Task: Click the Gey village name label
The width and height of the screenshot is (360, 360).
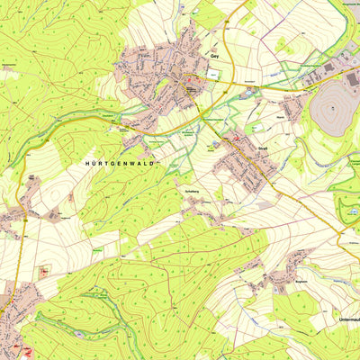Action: [x=214, y=55]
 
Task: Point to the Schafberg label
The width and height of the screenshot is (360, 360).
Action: [x=192, y=192]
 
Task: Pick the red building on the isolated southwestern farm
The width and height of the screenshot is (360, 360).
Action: [x=43, y=271]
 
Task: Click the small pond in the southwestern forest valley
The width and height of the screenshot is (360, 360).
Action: [x=81, y=334]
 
